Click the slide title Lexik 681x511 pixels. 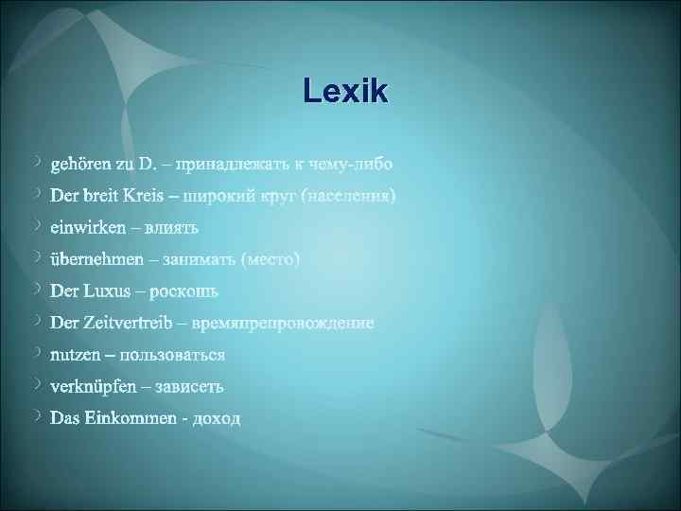(x=346, y=93)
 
